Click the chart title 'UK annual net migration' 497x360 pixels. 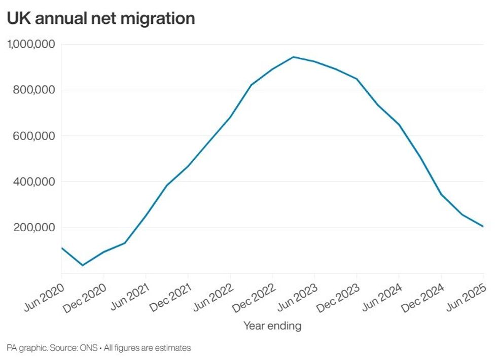point(100,18)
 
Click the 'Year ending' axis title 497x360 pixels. point(272,326)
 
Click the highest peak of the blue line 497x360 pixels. point(293,57)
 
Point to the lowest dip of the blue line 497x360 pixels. point(83,265)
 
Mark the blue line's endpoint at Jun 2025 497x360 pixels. point(483,226)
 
